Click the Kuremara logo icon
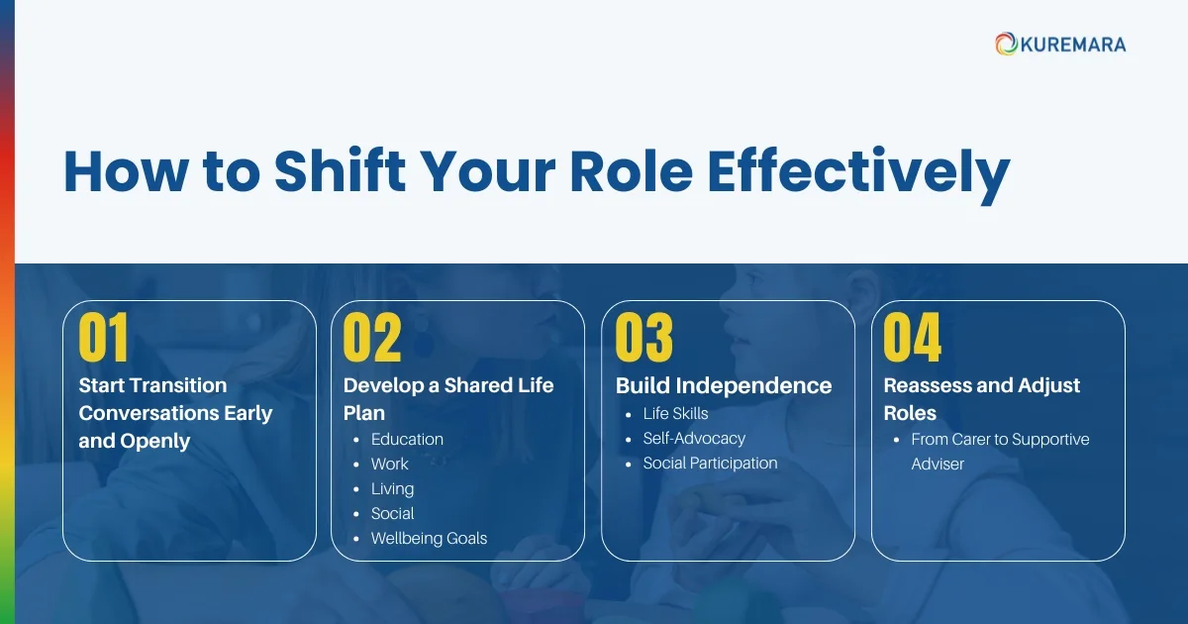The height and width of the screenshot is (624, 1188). tap(1007, 44)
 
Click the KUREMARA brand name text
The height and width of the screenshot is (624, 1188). tap(1073, 45)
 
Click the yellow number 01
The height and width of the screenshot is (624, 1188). tap(104, 338)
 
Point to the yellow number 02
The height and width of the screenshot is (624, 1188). tap(372, 338)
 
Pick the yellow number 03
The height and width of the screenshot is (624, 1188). tap(644, 338)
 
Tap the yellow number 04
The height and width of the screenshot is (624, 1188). tap(913, 338)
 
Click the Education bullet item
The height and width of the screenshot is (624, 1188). tap(407, 439)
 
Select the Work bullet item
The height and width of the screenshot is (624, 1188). tap(389, 464)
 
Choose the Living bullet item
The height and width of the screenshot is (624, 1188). tap(392, 488)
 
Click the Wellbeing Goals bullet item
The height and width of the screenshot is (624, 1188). tap(429, 538)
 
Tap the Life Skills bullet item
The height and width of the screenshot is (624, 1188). tap(675, 413)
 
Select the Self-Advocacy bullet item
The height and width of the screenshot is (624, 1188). tap(694, 438)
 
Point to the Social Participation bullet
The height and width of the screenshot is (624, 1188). tap(710, 463)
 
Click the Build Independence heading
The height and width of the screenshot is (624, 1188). tap(724, 385)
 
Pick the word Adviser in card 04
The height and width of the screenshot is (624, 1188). tap(938, 464)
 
